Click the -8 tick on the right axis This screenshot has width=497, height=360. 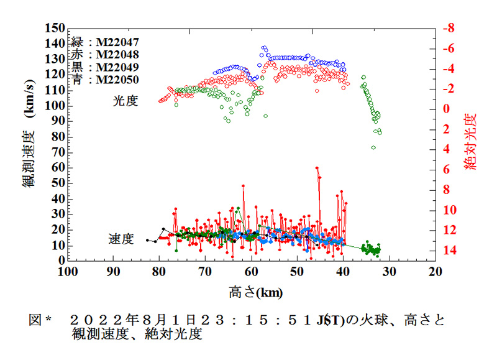click(447, 29)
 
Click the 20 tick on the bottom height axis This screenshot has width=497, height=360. click(435, 272)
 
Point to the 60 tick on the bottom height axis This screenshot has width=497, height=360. click(251, 272)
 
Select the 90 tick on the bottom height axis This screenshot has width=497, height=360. click(112, 272)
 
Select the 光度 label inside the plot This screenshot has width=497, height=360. click(125, 101)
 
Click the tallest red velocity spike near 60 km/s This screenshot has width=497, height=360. click(317, 167)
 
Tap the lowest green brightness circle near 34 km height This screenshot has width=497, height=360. click(373, 147)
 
